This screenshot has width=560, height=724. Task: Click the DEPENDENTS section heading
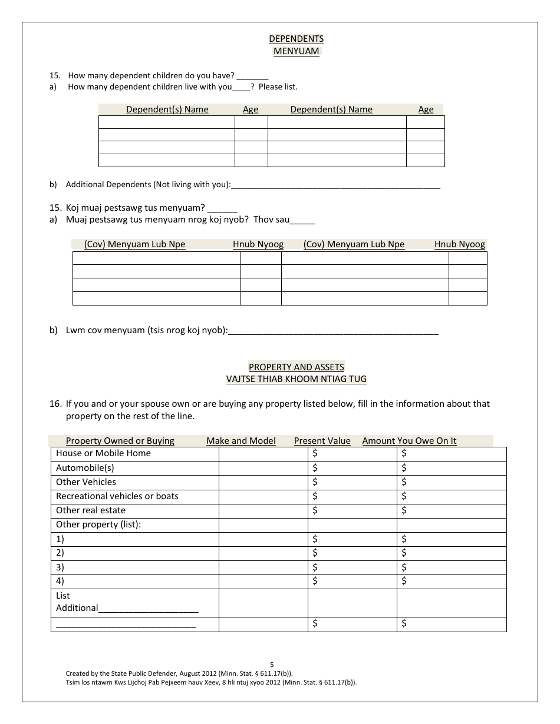[296, 39]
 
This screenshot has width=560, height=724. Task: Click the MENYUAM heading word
[296, 51]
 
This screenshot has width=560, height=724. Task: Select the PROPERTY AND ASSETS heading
[296, 367]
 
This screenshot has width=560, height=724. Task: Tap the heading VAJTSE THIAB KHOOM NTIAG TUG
[296, 379]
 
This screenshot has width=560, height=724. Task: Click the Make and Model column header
[241, 441]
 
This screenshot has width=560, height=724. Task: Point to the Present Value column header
[322, 441]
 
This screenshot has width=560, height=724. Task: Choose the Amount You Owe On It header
[409, 441]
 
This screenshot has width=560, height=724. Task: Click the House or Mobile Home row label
[103, 453]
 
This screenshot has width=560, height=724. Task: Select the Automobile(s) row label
[85, 468]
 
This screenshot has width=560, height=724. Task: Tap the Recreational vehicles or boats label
[117, 496]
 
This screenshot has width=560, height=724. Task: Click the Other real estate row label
[90, 510]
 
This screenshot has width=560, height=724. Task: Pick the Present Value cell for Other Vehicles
[352, 482]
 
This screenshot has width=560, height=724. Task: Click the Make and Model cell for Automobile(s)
[263, 468]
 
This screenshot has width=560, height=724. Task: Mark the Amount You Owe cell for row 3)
[451, 567]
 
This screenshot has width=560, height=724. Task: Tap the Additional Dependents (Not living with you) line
[335, 185]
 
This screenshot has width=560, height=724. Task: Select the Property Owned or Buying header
[120, 441]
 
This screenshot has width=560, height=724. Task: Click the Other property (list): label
[98, 524]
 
